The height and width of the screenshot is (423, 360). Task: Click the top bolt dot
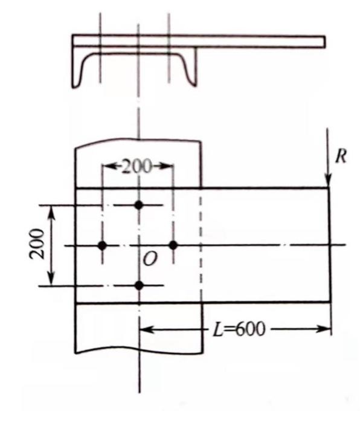pyautogui.click(x=139, y=205)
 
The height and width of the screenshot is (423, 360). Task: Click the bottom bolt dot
pyautogui.click(x=139, y=285)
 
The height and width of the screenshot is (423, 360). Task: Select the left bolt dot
pyautogui.click(x=102, y=245)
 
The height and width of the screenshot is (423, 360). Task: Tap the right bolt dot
pyautogui.click(x=173, y=245)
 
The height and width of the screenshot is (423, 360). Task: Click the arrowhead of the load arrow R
pyautogui.click(x=328, y=182)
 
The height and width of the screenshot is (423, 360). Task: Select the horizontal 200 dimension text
pyautogui.click(x=137, y=166)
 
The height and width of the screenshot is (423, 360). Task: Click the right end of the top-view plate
pyautogui.click(x=324, y=41)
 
